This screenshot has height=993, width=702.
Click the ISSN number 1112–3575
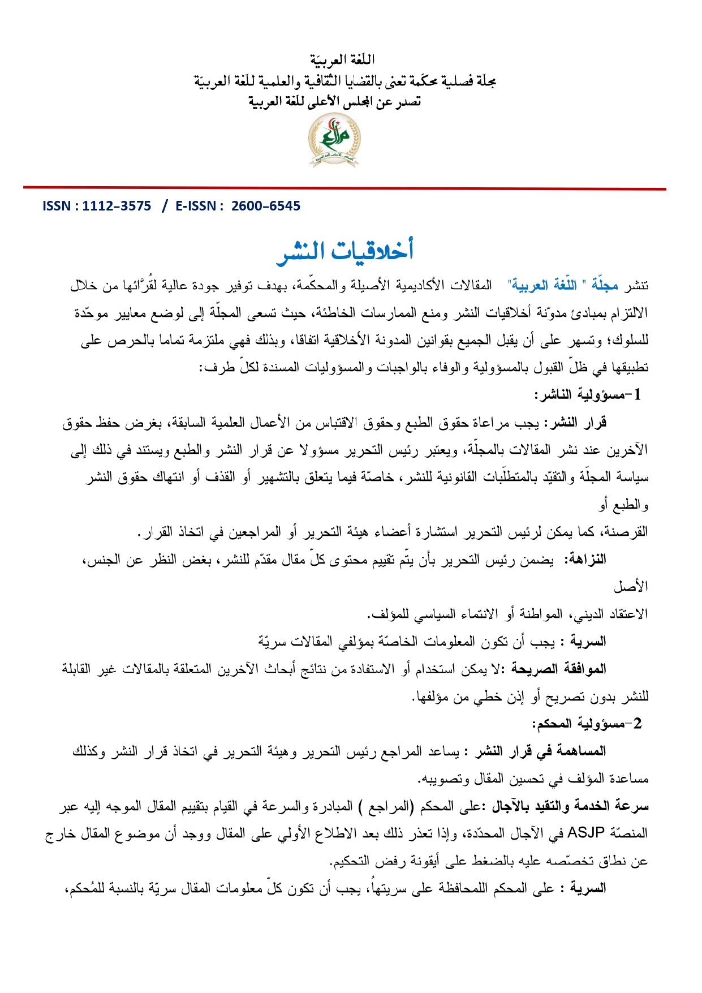(117, 206)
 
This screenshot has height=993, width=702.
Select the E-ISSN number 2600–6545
(266, 206)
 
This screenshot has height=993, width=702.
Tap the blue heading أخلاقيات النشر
(345, 251)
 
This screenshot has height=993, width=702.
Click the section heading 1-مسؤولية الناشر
(588, 395)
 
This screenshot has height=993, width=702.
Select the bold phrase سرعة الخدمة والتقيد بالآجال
(570, 806)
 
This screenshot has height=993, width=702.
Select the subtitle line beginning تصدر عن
(335, 102)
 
